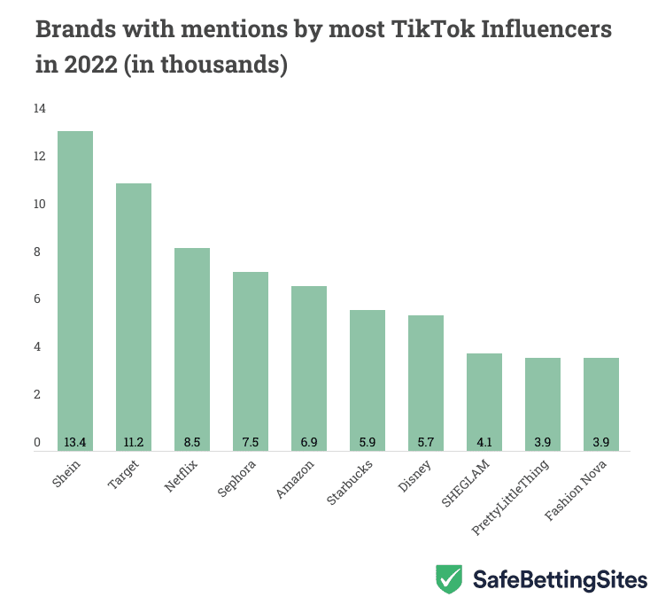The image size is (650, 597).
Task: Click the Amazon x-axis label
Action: pos(295,479)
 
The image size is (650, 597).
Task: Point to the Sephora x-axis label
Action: pos(237,479)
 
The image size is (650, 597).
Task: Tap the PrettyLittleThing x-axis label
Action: pos(511,496)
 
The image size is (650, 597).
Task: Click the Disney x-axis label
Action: pos(415,477)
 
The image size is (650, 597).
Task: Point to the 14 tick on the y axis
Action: pos(39,109)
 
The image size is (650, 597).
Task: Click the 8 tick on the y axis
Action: pos(38,252)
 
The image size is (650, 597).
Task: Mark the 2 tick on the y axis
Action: pos(38,395)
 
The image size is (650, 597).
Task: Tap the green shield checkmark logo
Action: pos(449,579)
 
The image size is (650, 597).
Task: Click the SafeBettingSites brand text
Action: pos(559,580)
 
